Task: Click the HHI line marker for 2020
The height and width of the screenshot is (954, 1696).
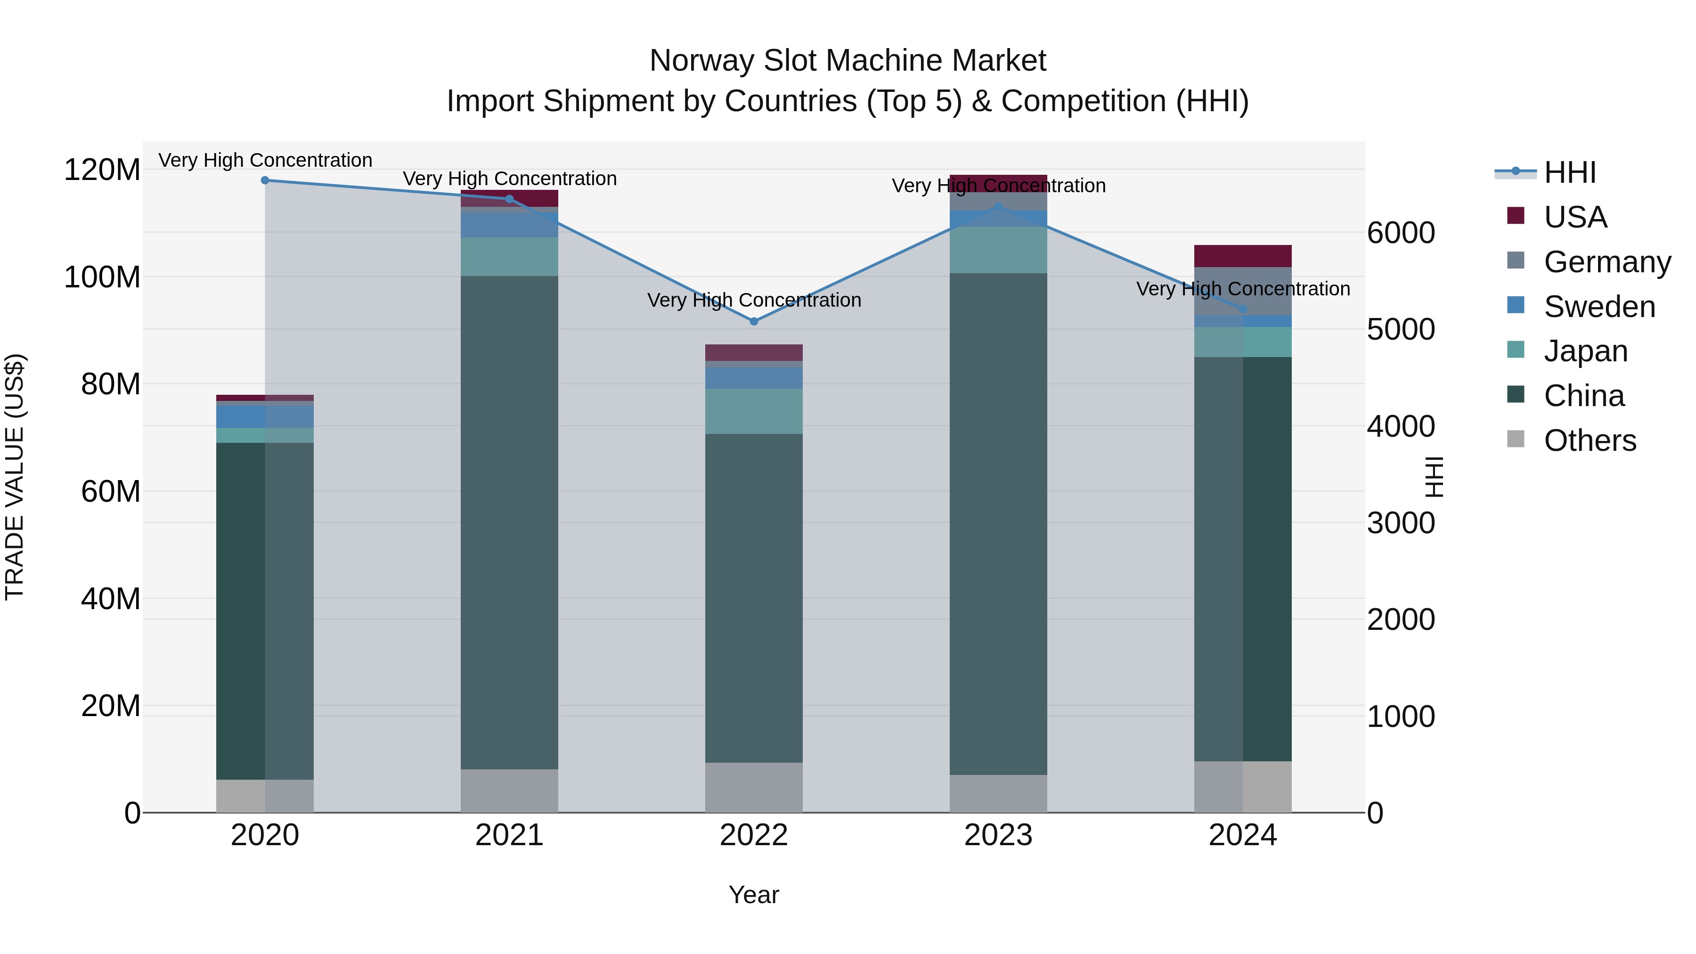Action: click(x=265, y=180)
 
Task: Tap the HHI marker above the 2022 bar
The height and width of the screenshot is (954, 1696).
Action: click(x=754, y=321)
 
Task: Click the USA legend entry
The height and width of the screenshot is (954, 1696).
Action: click(x=1575, y=217)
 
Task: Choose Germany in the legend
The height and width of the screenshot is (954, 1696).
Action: click(x=1606, y=262)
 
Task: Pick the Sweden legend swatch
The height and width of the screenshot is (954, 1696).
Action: click(x=1516, y=305)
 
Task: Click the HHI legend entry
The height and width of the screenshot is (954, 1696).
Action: click(x=1570, y=172)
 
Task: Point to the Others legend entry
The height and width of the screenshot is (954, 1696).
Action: click(x=1590, y=440)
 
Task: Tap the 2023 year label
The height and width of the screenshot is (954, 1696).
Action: click(x=998, y=835)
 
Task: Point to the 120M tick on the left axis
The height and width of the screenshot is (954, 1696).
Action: click(x=102, y=170)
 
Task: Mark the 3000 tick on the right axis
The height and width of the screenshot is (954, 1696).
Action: click(x=1401, y=523)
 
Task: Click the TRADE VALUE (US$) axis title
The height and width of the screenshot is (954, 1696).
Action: click(x=15, y=477)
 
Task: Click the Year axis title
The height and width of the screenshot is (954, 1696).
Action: click(x=754, y=895)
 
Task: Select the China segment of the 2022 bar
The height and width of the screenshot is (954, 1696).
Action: click(x=754, y=598)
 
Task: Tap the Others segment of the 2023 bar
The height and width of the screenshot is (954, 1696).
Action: click(x=998, y=793)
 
